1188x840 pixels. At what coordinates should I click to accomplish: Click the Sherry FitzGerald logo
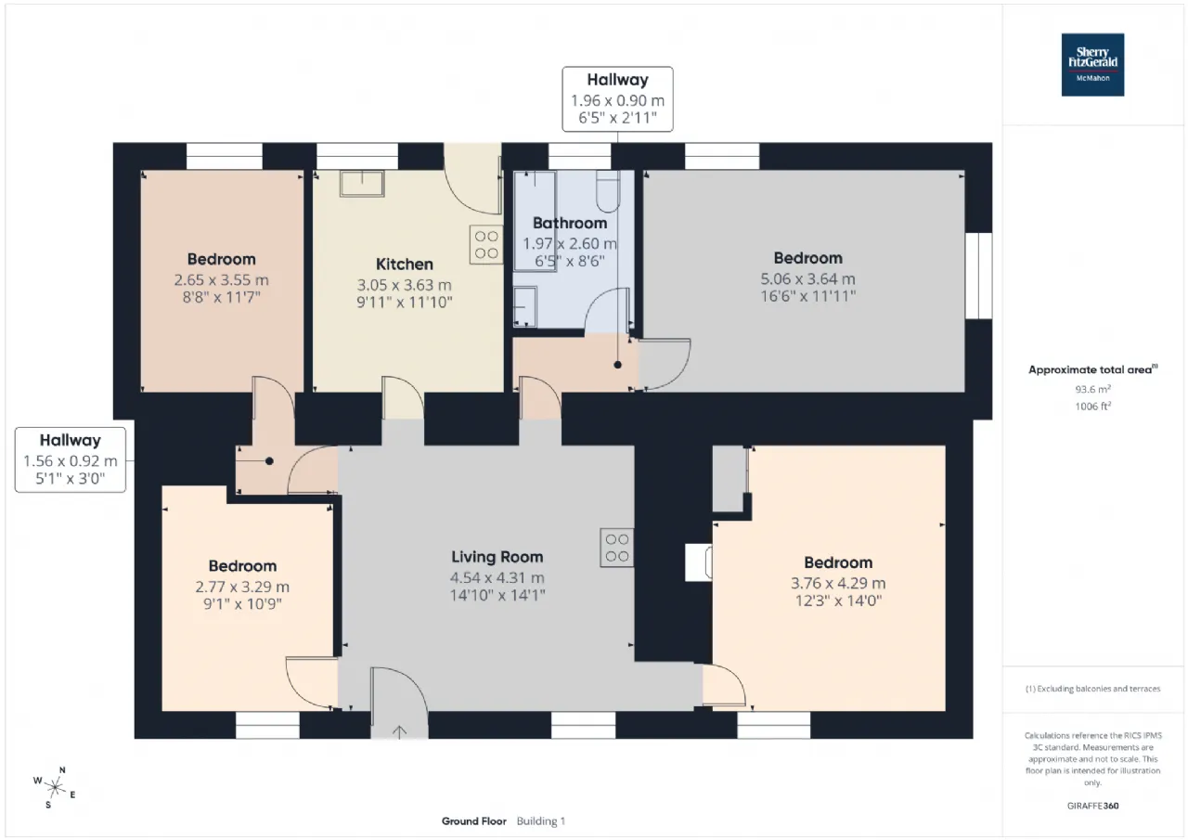1092,65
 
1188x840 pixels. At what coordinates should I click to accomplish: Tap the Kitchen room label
404,265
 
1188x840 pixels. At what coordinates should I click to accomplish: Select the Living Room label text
497,557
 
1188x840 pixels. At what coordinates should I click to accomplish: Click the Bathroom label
570,224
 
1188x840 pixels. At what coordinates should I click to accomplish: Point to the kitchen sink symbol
362,184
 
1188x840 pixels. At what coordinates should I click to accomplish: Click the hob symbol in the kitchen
485,244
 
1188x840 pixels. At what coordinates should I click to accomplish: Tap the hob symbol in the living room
617,548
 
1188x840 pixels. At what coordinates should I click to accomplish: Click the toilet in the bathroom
608,191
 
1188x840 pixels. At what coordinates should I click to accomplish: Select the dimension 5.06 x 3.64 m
807,279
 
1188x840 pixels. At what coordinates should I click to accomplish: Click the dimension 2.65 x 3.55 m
221,280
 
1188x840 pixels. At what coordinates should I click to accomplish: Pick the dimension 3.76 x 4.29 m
838,583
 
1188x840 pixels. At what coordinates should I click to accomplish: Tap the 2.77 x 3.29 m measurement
242,587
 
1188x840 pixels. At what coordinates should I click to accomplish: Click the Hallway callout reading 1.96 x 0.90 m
617,99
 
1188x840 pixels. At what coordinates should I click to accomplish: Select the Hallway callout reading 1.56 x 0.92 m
70,459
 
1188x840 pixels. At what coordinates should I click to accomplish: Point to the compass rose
55,787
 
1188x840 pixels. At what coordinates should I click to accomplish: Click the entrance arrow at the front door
399,731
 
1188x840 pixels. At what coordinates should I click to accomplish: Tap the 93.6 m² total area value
1092,389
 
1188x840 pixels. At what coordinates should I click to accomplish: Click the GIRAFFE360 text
1092,806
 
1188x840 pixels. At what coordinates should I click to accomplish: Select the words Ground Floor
473,821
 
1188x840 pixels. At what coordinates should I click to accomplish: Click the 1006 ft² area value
1092,407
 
